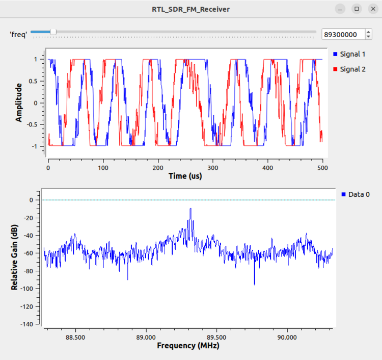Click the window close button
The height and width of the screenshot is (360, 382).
pos(371,9)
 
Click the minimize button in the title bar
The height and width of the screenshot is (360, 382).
pos(340,9)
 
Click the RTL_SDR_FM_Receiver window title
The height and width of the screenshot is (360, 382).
pos(190,9)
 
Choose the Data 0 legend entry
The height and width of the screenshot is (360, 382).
pos(359,194)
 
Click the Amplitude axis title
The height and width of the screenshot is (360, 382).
pos(19,102)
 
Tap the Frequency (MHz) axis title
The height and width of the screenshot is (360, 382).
pos(188,346)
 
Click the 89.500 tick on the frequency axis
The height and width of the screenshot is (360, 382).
pos(216,337)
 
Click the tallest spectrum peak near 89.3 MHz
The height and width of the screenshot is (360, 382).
pos(190,209)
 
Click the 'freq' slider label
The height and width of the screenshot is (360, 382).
pos(18,34)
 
